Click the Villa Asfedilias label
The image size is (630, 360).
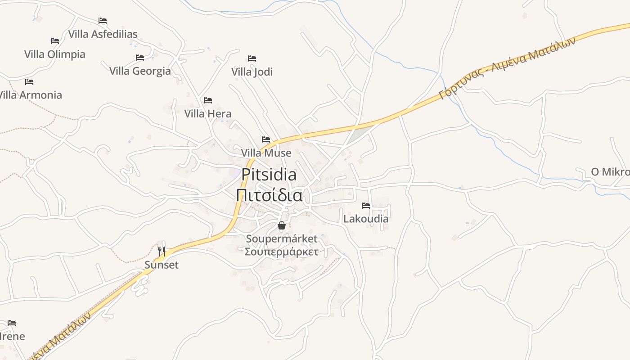click(x=103, y=34)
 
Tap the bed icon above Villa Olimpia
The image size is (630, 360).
click(x=55, y=41)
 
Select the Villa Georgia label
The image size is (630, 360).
click(x=140, y=71)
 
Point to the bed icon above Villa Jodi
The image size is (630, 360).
click(x=252, y=58)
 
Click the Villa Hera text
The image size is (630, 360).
click(x=208, y=114)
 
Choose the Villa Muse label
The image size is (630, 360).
click(x=266, y=153)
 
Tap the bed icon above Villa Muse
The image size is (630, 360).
click(x=266, y=139)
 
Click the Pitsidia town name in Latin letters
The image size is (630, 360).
click(x=269, y=175)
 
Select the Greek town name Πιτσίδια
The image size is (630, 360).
click(x=269, y=196)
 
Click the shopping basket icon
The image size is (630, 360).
click(x=282, y=225)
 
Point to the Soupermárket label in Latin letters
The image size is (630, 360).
click(x=281, y=238)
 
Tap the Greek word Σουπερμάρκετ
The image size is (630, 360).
click(x=281, y=252)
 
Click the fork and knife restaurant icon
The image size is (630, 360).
click(x=162, y=251)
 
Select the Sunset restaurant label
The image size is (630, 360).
click(x=162, y=265)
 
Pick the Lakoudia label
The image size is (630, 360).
click(x=366, y=219)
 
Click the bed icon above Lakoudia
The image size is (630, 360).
click(x=366, y=206)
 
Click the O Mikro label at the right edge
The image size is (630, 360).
click(x=610, y=172)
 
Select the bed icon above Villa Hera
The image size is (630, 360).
click(x=208, y=100)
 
